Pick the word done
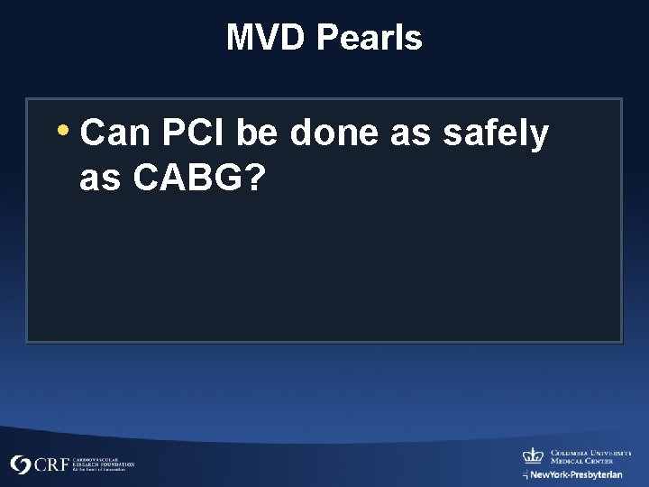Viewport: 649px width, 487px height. tap(335, 134)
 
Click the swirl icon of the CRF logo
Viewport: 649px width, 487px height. tap(21, 465)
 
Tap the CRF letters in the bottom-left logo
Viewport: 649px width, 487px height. tap(50, 465)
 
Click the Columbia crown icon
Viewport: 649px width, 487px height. tap(533, 455)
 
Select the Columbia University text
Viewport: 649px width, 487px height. tap(590, 453)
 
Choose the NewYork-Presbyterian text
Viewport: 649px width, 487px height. tap(577, 474)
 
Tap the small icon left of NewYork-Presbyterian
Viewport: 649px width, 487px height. tap(526, 474)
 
